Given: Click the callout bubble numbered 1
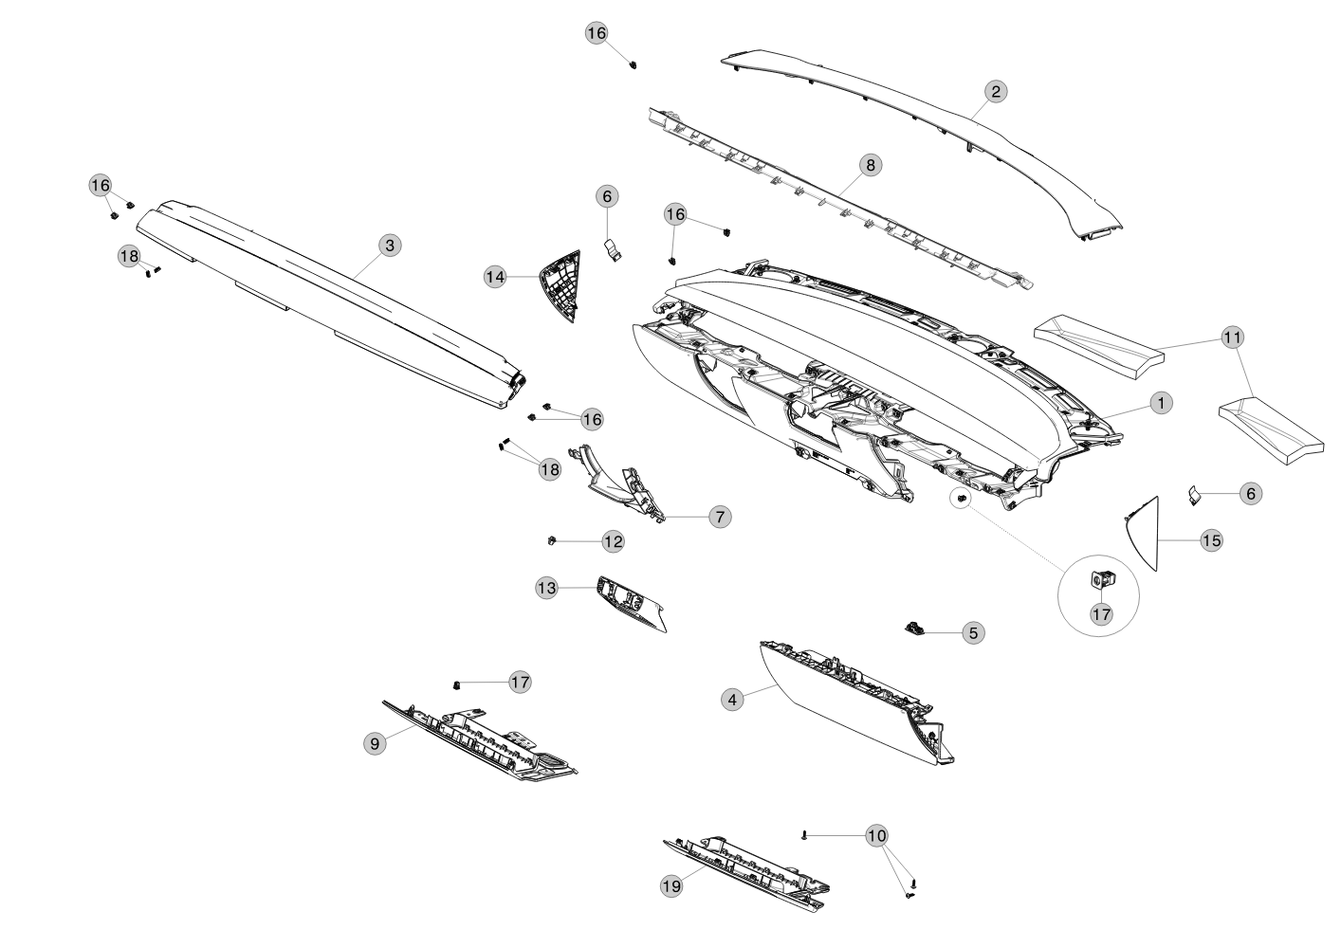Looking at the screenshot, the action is [1162, 404].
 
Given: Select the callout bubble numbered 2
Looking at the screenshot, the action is [996, 92].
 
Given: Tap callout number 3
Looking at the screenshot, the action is [391, 246].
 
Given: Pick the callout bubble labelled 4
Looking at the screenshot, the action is [732, 699].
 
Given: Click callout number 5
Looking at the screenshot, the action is [973, 632].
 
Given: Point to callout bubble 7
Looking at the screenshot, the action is [720, 517].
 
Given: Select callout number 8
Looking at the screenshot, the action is [871, 165].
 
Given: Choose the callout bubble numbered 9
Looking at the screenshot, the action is [375, 744].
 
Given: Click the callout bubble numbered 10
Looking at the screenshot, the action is [876, 835].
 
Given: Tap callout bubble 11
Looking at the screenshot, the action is [1232, 337].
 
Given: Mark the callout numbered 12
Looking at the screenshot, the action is [613, 541].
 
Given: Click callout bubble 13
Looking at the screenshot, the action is [546, 589].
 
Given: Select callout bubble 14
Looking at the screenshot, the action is [495, 277].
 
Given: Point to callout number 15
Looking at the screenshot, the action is [1212, 541].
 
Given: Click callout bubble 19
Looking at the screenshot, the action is [671, 885].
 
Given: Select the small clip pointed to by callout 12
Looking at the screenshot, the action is [551, 541].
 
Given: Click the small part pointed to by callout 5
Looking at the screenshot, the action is [914, 628].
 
